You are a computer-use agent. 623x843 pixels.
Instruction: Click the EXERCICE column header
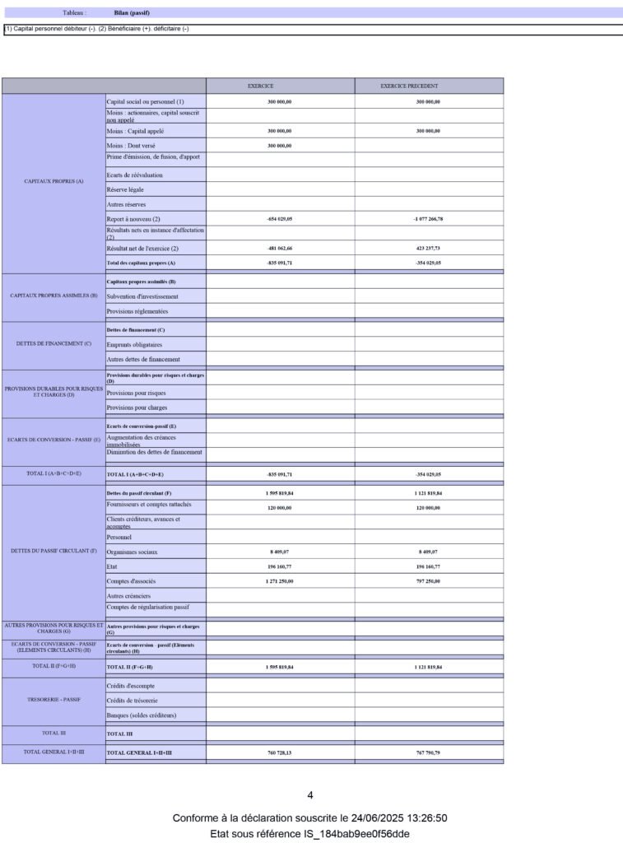pos(261,86)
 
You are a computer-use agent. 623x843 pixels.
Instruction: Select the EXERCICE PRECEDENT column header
pos(409,86)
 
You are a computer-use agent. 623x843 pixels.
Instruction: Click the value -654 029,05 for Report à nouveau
pos(280,219)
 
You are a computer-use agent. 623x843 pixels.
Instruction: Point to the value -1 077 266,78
pos(428,219)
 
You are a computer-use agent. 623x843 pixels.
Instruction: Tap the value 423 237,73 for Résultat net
pos(428,248)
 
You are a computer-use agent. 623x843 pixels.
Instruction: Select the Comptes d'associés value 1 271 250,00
pos(280,581)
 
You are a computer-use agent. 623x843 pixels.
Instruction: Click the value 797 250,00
pos(428,581)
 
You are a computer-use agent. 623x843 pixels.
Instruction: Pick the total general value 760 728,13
pos(280,752)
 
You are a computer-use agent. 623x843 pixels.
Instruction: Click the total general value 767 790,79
pos(428,752)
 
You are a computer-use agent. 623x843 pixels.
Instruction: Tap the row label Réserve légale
pos(125,189)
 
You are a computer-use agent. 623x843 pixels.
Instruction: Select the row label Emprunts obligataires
pos(134,345)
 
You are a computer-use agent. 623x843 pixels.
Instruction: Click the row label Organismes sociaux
pos(132,552)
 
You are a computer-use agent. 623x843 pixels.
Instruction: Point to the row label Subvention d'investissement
pos(142,296)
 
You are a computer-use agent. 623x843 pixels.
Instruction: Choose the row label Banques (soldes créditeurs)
pos(142,715)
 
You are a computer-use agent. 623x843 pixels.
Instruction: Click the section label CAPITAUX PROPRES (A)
pos(53,181)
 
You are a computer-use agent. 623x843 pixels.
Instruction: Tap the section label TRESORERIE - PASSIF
pos(53,700)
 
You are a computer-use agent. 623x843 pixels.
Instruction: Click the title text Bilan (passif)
pos(132,13)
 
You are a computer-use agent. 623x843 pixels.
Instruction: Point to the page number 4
pos(310,795)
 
